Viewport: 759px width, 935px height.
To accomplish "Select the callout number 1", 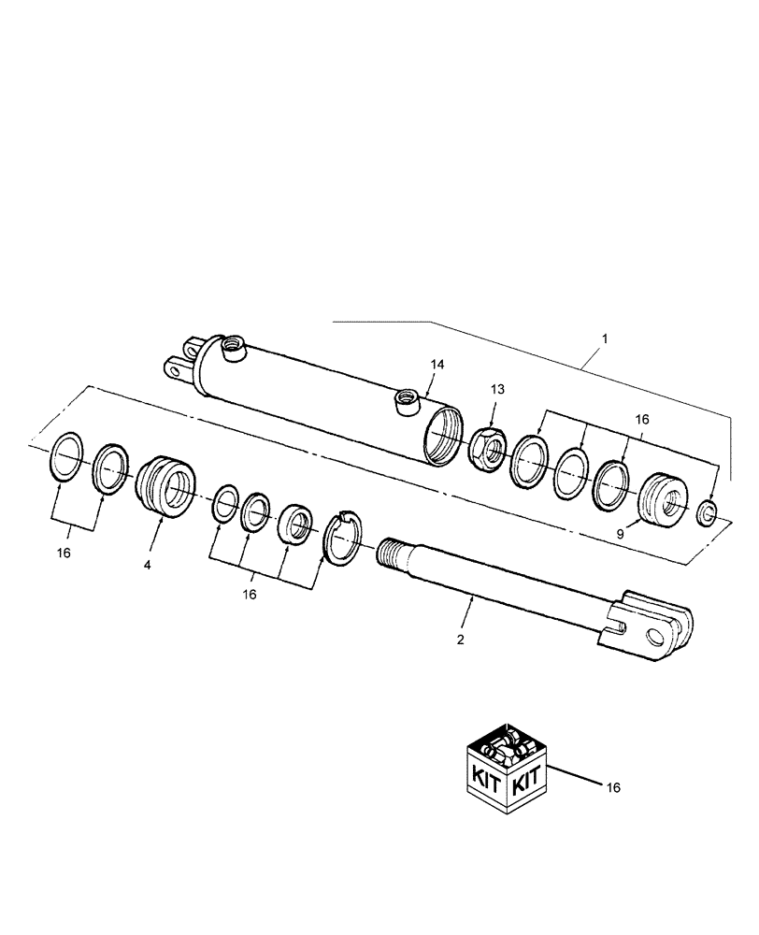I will coord(605,340).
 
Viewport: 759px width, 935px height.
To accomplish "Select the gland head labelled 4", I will coord(165,486).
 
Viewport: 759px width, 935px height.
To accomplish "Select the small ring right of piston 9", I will coord(709,511).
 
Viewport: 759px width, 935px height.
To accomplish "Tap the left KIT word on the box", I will coord(486,775).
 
